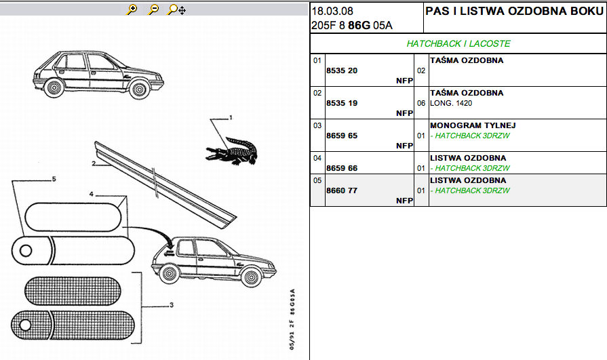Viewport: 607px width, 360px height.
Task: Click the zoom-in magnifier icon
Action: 132,9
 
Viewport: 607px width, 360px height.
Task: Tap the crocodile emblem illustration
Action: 232,151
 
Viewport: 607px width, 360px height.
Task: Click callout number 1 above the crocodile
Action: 231,118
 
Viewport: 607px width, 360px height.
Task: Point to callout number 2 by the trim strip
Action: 94,163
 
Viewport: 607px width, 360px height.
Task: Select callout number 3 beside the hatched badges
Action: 172,305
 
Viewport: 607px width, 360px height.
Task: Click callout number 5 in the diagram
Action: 54,180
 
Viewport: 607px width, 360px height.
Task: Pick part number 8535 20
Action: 342,71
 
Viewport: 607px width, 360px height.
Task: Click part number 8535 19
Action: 342,103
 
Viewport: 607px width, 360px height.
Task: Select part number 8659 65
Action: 342,136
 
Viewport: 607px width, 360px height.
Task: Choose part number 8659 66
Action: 342,168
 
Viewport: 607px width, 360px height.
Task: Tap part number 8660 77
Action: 342,191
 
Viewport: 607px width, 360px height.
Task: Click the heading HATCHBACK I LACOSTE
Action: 458,43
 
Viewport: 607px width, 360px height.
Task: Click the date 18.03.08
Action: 332,12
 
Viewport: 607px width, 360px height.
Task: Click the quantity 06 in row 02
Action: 421,103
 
